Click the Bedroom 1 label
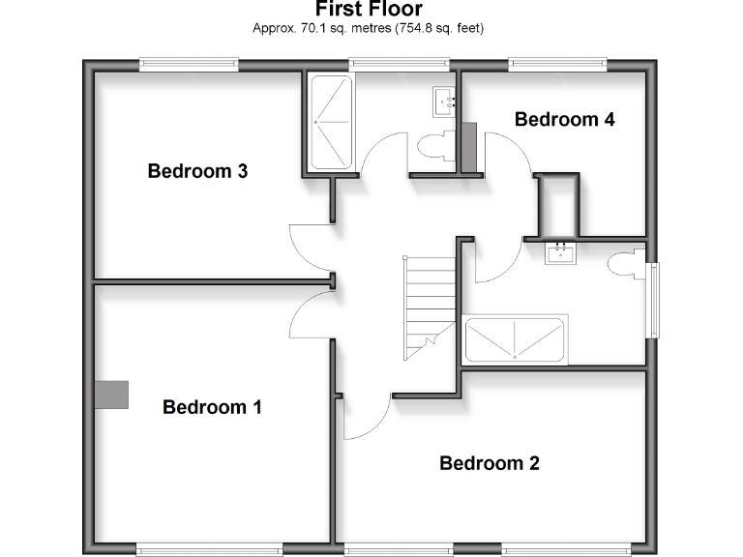coord(212,407)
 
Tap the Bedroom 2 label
coord(489,463)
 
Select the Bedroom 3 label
coord(197,171)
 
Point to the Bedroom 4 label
coord(564,120)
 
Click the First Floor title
coord(369,10)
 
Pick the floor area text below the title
coord(368,28)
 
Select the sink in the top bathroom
coord(445,99)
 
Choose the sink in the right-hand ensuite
coord(560,253)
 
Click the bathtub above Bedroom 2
coord(515,339)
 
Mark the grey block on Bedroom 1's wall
coord(111,394)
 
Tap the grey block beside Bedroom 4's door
coord(468,146)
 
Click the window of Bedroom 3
coord(189,65)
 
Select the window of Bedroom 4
coord(558,65)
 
